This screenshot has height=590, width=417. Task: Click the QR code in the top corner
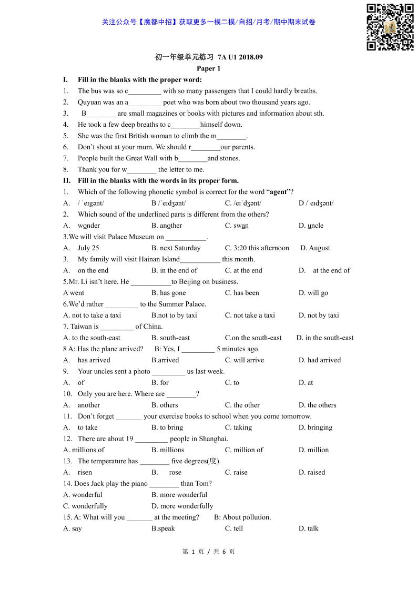tap(390, 27)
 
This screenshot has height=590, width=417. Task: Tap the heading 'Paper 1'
tap(208, 68)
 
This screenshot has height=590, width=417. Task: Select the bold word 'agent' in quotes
tap(278, 192)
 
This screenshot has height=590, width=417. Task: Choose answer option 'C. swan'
tap(237, 226)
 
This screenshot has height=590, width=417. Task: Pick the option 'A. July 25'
tap(82, 248)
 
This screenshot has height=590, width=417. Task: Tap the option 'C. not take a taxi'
tap(250, 316)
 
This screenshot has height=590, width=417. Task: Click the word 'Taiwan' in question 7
tap(81, 327)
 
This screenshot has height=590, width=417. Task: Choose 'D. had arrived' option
tap(319, 360)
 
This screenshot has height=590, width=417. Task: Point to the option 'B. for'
tap(160, 383)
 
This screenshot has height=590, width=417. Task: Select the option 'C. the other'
tap(242, 405)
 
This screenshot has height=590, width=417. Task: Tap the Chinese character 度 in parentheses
tap(213, 461)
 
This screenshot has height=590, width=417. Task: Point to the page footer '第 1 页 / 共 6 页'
tap(208, 552)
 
